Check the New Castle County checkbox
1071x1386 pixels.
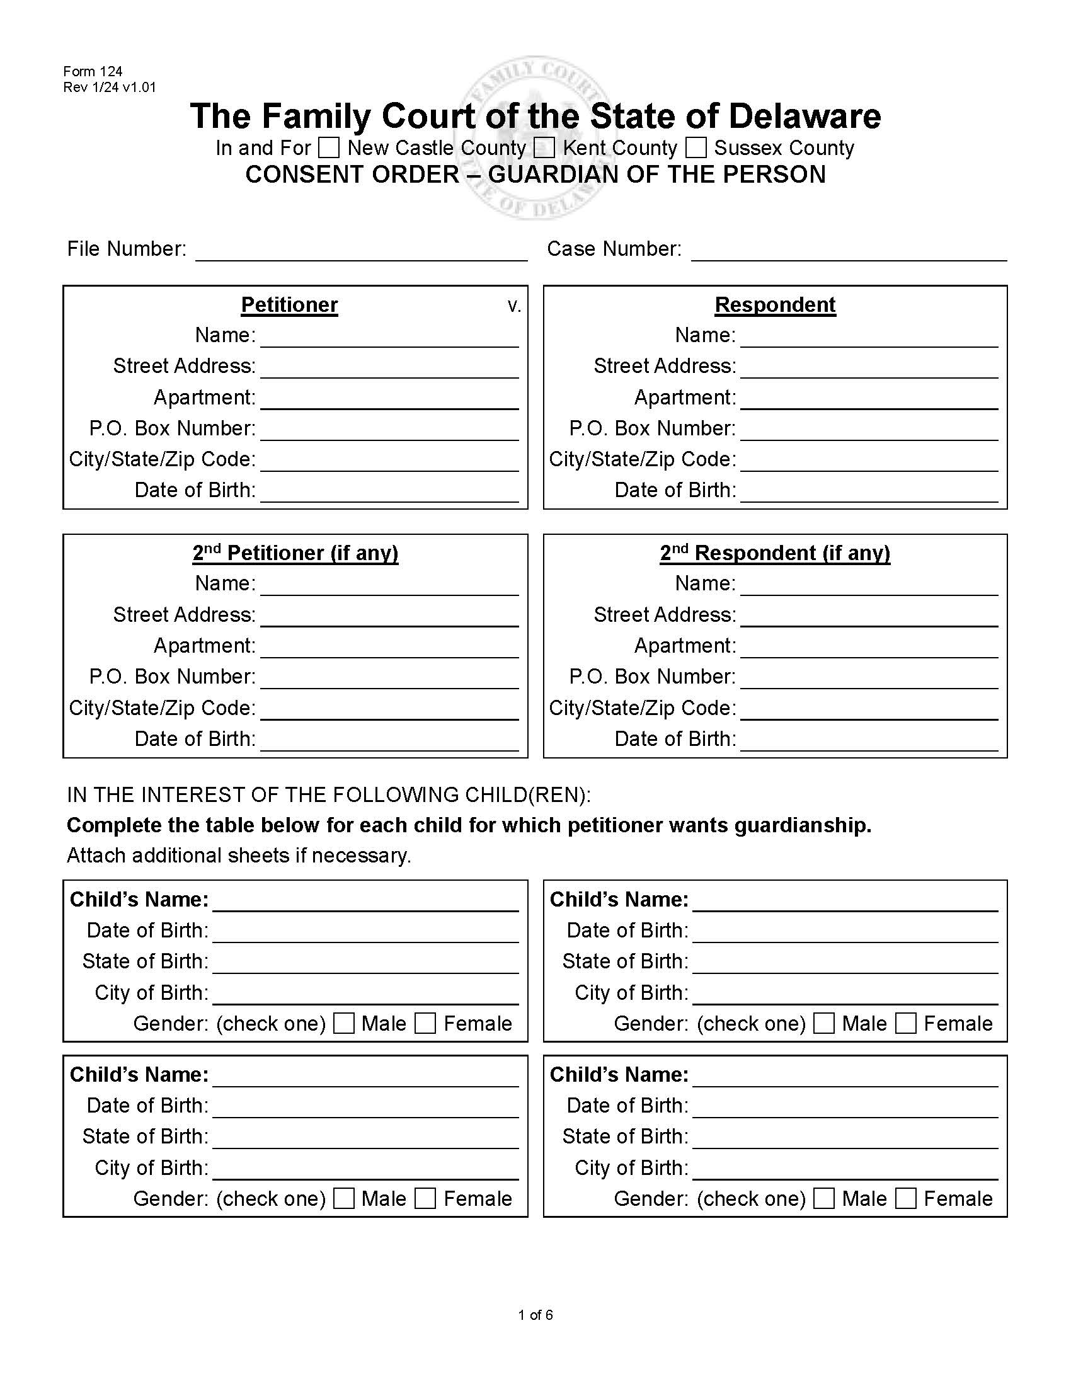click(329, 148)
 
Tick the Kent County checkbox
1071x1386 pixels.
click(544, 148)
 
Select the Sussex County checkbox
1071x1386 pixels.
click(696, 148)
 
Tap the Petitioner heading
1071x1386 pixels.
click(289, 306)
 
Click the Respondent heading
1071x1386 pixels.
click(775, 306)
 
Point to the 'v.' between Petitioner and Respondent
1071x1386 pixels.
click(514, 307)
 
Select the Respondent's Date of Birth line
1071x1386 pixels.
click(869, 493)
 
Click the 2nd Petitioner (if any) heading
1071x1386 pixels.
click(295, 553)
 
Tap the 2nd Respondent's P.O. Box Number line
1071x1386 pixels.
click(869, 679)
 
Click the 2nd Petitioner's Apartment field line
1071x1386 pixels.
click(389, 648)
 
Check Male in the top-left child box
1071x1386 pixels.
click(344, 1023)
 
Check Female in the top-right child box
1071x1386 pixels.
click(905, 1023)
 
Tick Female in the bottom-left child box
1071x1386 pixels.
click(425, 1198)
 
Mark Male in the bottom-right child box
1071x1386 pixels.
click(823, 1198)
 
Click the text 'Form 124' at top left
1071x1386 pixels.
click(93, 71)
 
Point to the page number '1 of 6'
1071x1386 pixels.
click(535, 1315)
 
